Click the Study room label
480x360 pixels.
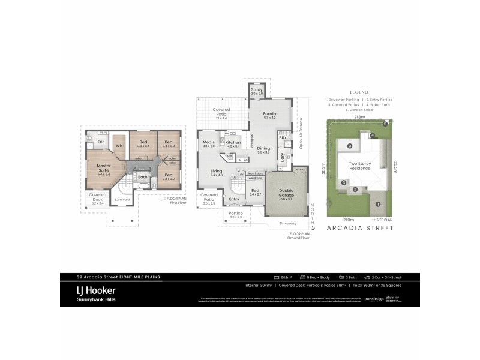pyautogui.click(x=257, y=89)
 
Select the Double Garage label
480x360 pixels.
pyautogui.click(x=286, y=193)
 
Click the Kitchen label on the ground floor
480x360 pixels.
pyautogui.click(x=232, y=142)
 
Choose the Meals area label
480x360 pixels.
pyautogui.click(x=208, y=142)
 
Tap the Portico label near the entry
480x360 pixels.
pyautogui.click(x=235, y=213)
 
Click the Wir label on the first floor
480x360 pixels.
pyautogui.click(x=119, y=145)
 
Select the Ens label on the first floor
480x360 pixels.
pyautogui.click(x=101, y=142)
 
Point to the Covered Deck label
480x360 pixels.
pyautogui.click(x=98, y=195)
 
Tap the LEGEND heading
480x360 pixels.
pyautogui.click(x=359, y=92)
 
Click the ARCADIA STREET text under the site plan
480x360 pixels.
pyautogui.click(x=359, y=229)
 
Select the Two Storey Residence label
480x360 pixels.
pyautogui.click(x=360, y=166)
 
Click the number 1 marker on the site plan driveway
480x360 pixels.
pyautogui.click(x=378, y=205)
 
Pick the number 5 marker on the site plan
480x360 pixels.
pyautogui.click(x=385, y=124)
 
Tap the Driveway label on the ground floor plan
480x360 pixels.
pyautogui.click(x=287, y=223)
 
